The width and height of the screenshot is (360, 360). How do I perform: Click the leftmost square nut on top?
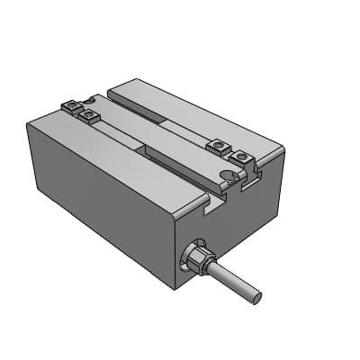71,107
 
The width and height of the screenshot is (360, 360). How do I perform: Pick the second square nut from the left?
88,115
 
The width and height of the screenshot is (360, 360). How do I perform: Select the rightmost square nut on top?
239,159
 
